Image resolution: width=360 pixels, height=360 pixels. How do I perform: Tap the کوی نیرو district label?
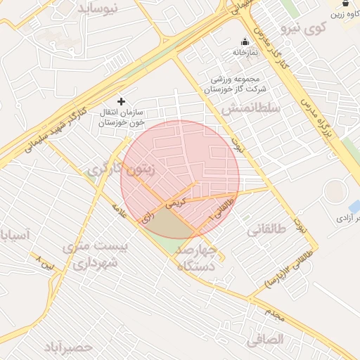point(304,29)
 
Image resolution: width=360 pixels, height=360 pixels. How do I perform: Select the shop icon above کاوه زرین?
point(345,4)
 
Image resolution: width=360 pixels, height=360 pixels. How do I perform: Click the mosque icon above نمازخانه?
point(245,41)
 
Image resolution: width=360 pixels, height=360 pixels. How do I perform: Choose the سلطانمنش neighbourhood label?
point(250,108)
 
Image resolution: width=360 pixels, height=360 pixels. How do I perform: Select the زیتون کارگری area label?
point(120,169)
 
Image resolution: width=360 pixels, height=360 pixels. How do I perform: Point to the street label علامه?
point(120,210)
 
